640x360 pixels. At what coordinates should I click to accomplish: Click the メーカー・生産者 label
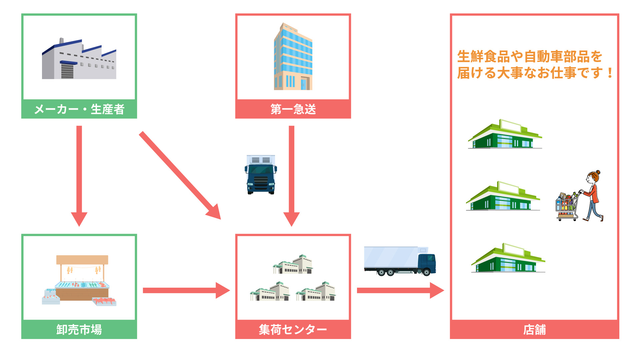[79, 109]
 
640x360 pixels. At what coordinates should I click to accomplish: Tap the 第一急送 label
[293, 109]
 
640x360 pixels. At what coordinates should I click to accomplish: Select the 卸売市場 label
[79, 330]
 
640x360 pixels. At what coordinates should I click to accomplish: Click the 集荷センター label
[293, 330]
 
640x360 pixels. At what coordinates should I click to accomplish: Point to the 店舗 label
[534, 330]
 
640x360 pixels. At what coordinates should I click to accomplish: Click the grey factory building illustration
[79, 60]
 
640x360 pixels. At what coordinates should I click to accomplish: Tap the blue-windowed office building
[293, 57]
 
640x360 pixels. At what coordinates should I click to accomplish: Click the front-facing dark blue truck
[261, 174]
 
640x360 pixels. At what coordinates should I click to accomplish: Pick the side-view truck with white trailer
[399, 261]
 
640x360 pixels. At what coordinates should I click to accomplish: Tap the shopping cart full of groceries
[566, 207]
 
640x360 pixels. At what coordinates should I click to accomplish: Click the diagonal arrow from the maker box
[180, 175]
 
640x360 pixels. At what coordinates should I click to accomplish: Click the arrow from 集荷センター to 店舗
[400, 290]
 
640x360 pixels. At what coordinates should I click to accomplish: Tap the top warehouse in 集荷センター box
[293, 265]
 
